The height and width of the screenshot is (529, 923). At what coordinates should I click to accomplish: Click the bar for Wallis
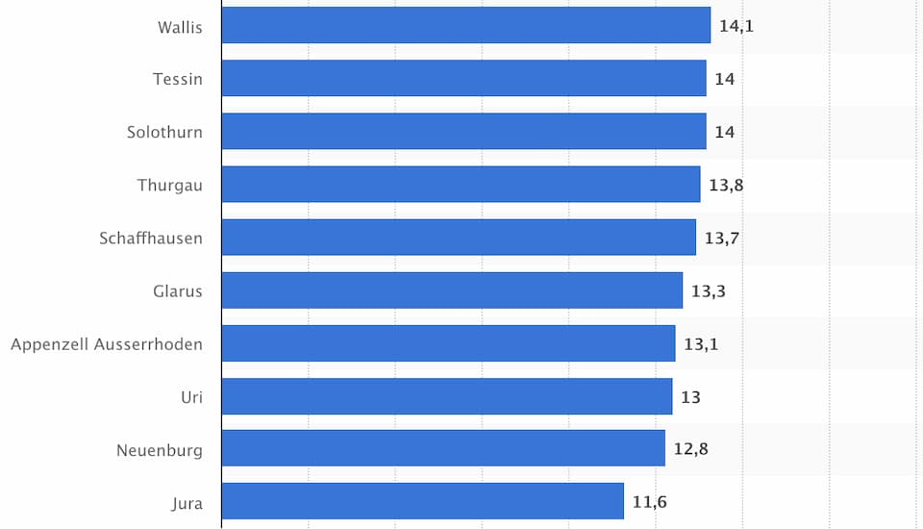point(465,26)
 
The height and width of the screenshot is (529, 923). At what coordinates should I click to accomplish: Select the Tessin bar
point(463,79)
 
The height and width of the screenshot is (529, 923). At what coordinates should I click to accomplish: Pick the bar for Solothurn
point(463,132)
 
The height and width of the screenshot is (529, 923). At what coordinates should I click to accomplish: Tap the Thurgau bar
point(461,185)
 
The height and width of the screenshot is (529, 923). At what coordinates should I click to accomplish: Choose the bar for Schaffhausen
point(458,238)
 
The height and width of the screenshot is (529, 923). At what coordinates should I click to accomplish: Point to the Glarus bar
point(452,290)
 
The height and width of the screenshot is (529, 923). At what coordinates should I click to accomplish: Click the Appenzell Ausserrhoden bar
point(448,343)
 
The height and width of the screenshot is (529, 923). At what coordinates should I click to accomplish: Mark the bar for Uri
point(446,396)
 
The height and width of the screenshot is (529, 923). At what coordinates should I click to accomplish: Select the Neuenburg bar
point(443,448)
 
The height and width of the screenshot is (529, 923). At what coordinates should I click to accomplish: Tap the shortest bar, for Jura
point(422,501)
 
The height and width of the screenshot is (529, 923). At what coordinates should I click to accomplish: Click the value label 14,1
point(736,26)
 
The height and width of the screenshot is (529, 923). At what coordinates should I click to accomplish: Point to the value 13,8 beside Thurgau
point(726,185)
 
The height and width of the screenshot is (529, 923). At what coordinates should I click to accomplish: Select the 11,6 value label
point(649,501)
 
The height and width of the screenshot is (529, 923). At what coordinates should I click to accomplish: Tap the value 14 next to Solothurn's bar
point(724,132)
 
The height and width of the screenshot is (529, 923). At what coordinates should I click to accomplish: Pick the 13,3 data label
point(708,290)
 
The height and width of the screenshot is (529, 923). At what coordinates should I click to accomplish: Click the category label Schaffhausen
point(151,238)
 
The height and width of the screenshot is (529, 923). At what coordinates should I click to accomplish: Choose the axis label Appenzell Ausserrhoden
point(107,343)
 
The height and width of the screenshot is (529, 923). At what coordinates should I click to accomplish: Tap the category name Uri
point(191,396)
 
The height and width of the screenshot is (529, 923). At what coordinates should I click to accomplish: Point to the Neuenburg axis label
point(160,449)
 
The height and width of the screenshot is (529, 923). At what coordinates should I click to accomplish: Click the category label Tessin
point(178,79)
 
